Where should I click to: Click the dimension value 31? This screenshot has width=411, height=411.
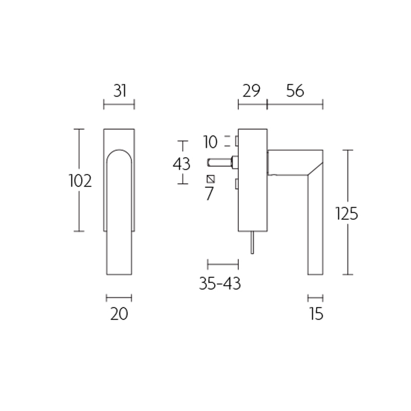pyautogui.click(x=119, y=91)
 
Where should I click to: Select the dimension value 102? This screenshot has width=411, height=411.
pyautogui.click(x=80, y=181)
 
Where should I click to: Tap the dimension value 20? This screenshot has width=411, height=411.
pyautogui.click(x=119, y=313)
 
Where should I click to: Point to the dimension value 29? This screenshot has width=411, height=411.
pyautogui.click(x=252, y=91)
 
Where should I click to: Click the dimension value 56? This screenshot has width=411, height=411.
pyautogui.click(x=295, y=91)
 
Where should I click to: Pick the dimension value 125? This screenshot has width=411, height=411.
pyautogui.click(x=346, y=213)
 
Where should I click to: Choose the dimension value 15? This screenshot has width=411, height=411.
pyautogui.click(x=316, y=313)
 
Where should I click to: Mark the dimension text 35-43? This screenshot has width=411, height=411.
pyautogui.click(x=220, y=283)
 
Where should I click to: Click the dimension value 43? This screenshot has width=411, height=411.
pyautogui.click(x=181, y=164)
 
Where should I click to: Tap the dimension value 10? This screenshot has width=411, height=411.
pyautogui.click(x=210, y=141)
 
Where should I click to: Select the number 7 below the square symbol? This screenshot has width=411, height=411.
pyautogui.click(x=209, y=194)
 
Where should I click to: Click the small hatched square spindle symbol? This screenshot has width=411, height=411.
pyautogui.click(x=210, y=179)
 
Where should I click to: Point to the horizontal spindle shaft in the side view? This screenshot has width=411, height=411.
pyautogui.click(x=220, y=163)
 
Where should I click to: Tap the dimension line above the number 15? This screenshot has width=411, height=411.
pyautogui.click(x=315, y=297)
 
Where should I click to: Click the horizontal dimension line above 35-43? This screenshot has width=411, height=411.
pyautogui.click(x=222, y=265)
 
